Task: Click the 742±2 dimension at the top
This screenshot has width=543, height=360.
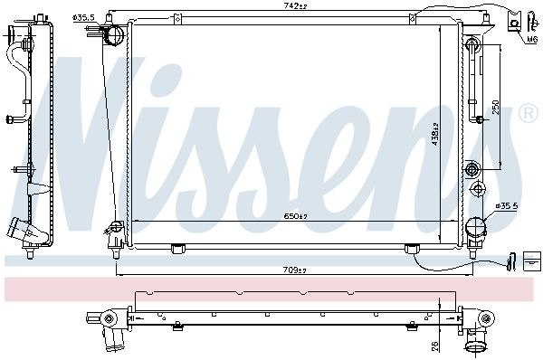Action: (x=295, y=6)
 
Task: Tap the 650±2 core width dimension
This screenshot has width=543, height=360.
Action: (x=295, y=216)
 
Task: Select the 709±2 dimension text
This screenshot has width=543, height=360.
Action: (x=295, y=270)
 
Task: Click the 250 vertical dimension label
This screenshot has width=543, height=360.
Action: (x=496, y=108)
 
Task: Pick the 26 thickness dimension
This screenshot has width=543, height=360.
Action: (x=435, y=346)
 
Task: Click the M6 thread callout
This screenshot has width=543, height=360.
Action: (x=532, y=40)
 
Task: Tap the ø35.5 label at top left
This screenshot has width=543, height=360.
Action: (x=84, y=17)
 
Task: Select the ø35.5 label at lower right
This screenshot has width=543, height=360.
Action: (x=507, y=206)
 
